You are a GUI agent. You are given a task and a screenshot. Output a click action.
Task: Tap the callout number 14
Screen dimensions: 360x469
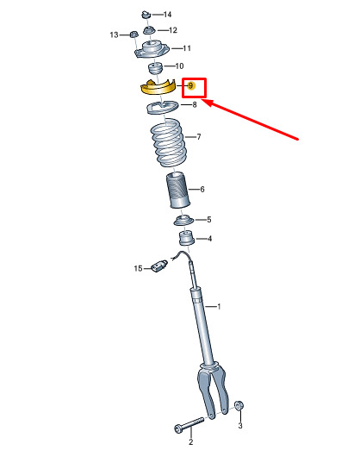(167, 15)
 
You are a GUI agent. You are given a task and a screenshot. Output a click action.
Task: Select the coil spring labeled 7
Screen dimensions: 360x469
(170, 142)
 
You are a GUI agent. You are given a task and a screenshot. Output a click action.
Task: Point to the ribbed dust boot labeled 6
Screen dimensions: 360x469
(178, 190)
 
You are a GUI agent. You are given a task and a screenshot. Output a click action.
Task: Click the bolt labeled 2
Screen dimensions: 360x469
(189, 425)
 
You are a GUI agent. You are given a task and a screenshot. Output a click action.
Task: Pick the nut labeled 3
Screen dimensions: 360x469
(239, 406)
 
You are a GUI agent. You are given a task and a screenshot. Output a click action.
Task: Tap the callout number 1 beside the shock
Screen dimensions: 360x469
(219, 307)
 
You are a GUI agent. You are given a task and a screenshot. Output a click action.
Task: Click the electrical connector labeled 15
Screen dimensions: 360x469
(159, 266)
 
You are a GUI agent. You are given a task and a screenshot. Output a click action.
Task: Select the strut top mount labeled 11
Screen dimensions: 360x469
(152, 50)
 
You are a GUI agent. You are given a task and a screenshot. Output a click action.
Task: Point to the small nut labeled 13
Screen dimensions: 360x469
(133, 34)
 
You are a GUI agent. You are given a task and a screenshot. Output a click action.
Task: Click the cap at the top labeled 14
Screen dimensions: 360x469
(146, 14)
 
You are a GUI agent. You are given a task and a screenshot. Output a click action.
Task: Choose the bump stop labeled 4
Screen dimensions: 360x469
(186, 238)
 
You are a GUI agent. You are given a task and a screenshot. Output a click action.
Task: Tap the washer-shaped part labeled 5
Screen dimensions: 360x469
(183, 221)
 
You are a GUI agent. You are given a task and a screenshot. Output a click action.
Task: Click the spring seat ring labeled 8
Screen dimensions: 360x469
(162, 109)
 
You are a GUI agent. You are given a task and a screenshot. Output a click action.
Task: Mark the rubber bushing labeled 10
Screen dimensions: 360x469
(155, 68)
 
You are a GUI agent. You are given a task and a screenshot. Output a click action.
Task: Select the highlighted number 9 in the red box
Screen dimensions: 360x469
(191, 86)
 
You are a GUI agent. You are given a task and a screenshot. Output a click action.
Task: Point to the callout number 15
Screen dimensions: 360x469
(138, 268)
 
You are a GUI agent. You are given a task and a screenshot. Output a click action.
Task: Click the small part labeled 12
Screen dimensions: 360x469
(148, 30)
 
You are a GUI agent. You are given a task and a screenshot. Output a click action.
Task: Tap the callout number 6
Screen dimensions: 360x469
(202, 190)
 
